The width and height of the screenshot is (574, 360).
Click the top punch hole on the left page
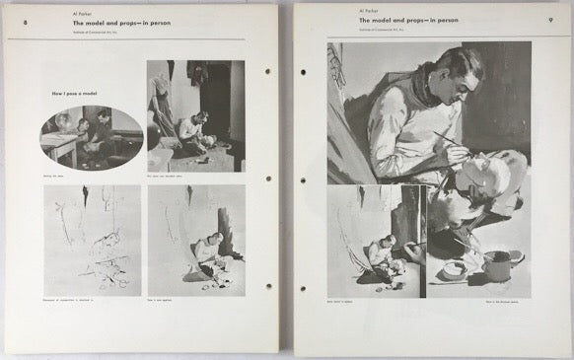[266, 72]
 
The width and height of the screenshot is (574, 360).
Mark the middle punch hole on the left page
[266, 179]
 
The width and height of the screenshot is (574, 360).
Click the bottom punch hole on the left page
[266, 286]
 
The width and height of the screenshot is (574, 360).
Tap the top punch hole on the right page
[303, 71]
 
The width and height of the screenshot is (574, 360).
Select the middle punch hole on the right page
[303, 179]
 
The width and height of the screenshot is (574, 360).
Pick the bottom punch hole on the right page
[303, 287]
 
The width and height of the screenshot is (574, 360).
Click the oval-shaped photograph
[92, 137]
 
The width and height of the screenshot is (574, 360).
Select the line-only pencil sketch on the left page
[92, 240]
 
